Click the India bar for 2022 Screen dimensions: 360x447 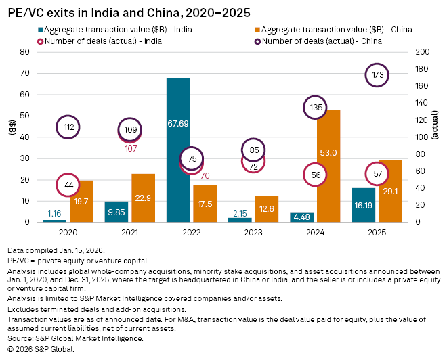point(178,150)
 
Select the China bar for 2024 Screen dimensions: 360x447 point(330,166)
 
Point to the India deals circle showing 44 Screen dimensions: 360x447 point(68,185)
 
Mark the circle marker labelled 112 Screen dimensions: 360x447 point(68,127)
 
